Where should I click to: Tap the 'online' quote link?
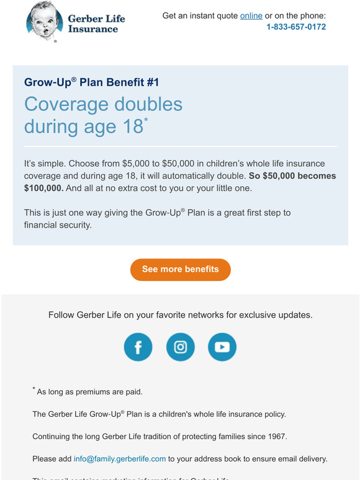(251, 16)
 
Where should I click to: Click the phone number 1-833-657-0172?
(296, 27)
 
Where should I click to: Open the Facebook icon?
(138, 347)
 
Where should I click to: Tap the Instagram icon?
(180, 347)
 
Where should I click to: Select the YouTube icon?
(222, 347)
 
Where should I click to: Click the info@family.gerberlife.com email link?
(120, 459)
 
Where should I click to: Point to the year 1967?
(276, 437)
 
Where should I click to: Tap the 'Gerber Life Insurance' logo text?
(96, 24)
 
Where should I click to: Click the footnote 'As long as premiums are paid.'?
(90, 392)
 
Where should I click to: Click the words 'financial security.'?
(58, 224)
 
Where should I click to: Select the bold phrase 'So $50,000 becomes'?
(292, 176)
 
